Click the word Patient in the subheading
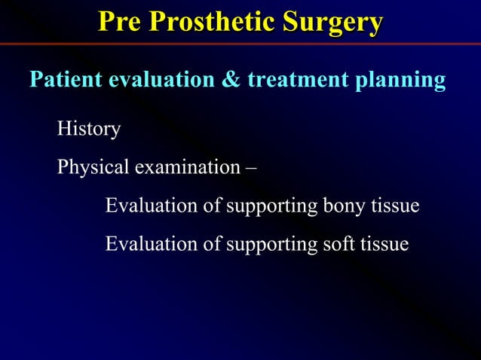coord(66,80)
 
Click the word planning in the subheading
coord(405,81)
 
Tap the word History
coord(89,130)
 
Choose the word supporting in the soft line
coord(268,246)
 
